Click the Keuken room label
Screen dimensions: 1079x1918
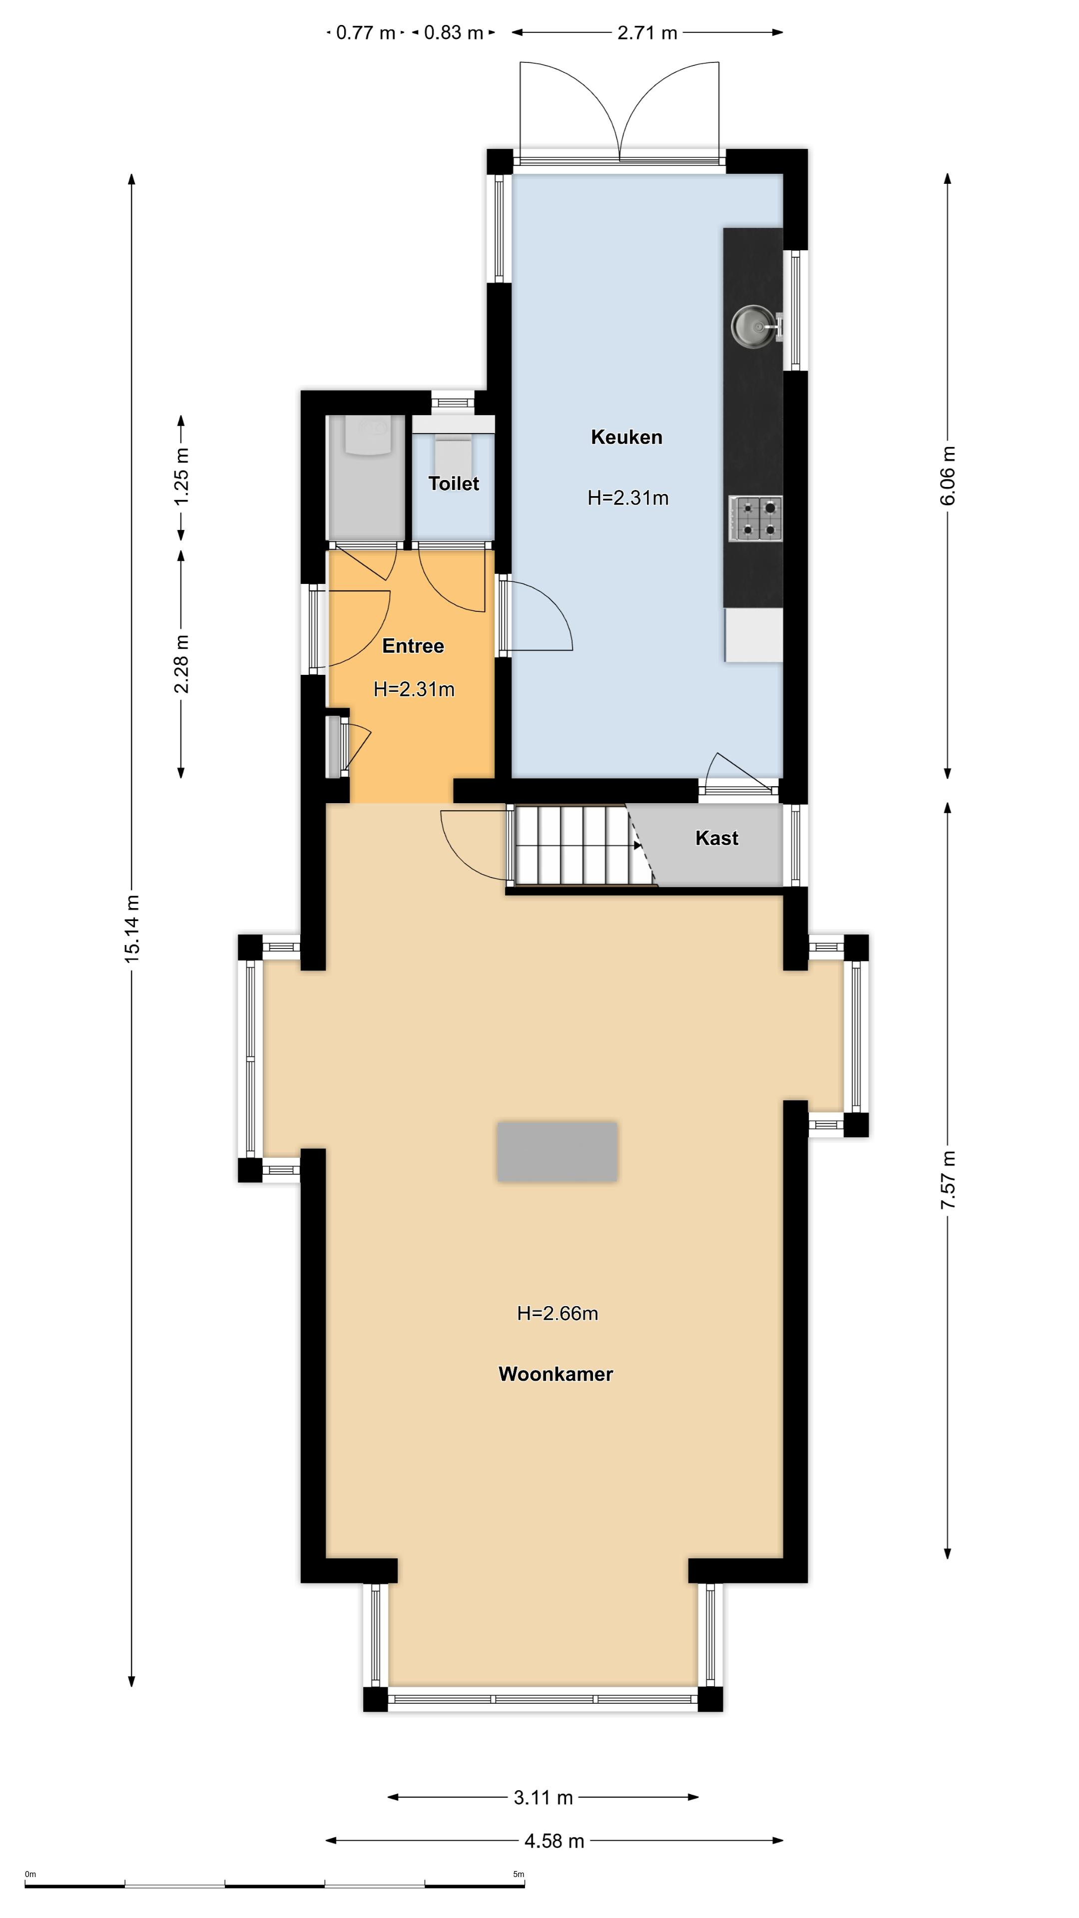[x=626, y=437]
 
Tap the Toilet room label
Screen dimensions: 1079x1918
[x=454, y=484]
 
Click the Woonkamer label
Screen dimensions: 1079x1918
[x=555, y=1374]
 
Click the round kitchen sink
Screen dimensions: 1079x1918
[x=751, y=325]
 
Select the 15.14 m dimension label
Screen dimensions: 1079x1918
[x=132, y=929]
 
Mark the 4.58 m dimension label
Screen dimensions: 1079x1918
[x=554, y=1841]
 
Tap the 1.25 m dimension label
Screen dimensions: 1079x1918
[x=181, y=476]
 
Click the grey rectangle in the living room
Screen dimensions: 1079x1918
[x=557, y=1152]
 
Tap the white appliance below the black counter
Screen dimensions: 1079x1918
[x=754, y=634]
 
